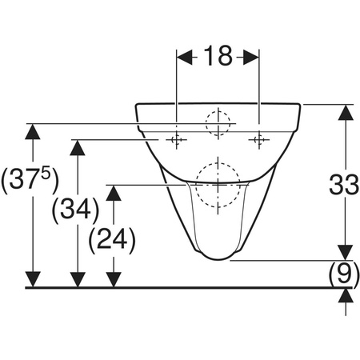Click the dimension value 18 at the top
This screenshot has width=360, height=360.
point(218,56)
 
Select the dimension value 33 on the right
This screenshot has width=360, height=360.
point(344,184)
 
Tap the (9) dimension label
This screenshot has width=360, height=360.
point(344,273)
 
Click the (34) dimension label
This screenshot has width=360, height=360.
point(75,210)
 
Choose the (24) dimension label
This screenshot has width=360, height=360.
point(112,240)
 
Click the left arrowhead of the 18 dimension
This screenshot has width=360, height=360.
point(185,57)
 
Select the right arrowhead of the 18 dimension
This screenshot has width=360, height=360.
point(250,57)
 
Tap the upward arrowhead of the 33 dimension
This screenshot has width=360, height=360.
point(346,112)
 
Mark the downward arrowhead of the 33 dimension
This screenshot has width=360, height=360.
point(346,252)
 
